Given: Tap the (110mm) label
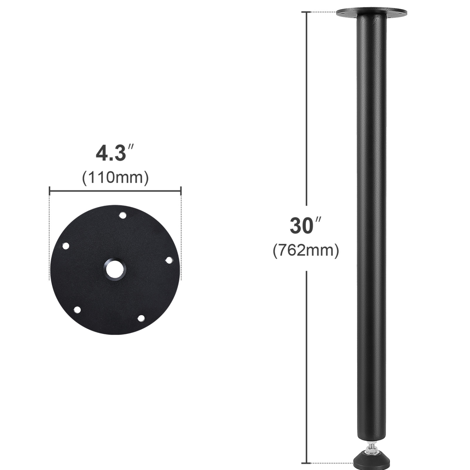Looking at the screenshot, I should click(115, 178).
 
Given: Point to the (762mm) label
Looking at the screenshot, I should click(306, 251).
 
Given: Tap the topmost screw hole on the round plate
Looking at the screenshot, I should click(123, 215).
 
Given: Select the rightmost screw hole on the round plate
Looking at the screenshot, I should click(169, 260).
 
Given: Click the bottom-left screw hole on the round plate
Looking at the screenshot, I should click(77, 310).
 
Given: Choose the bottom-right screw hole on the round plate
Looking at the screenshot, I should click(141, 318).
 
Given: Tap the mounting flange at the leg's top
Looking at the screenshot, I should click(372, 13).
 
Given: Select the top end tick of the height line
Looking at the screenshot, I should click(306, 12).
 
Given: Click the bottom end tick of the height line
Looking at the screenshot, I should click(306, 463).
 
